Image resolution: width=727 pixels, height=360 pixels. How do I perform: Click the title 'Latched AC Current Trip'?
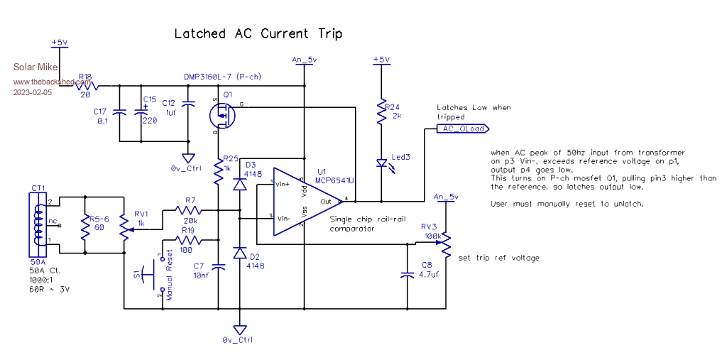(x=258, y=33)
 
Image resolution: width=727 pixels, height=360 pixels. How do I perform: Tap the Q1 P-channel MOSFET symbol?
(x=222, y=114)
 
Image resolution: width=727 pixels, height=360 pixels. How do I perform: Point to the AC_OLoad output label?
(x=462, y=129)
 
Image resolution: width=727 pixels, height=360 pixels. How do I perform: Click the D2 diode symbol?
(x=240, y=254)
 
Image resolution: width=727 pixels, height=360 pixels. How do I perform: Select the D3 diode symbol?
(x=240, y=184)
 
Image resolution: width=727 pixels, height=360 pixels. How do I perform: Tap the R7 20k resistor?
(x=189, y=211)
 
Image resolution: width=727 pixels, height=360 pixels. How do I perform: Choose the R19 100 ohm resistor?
(x=189, y=241)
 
